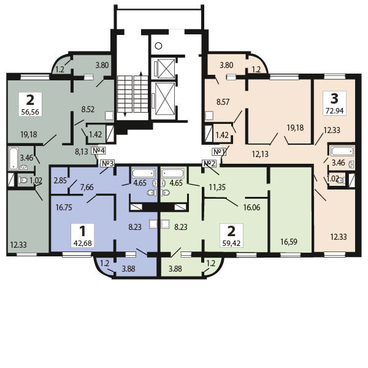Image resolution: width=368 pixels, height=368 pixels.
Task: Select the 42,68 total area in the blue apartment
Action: click(81, 244)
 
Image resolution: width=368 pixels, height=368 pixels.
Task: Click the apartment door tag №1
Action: click(220, 151)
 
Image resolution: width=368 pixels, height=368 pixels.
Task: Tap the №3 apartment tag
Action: click(108, 163)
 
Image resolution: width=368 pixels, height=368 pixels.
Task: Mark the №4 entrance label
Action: click(99, 151)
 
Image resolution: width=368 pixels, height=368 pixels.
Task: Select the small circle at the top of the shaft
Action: click(158, 45)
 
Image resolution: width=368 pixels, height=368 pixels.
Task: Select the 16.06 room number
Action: click(251, 208)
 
